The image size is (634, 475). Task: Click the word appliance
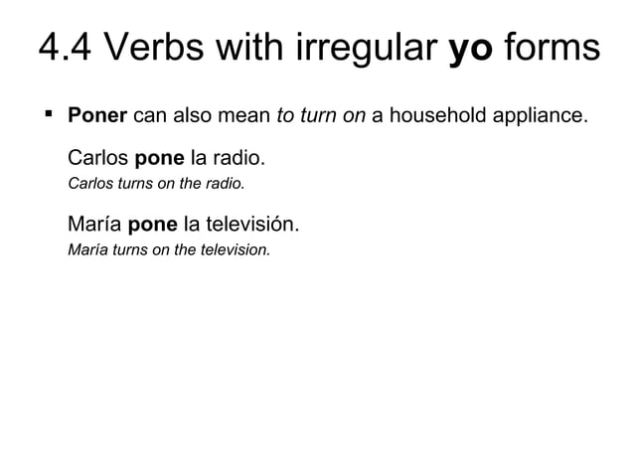pos(540,115)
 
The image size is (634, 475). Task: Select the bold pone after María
pos(147,225)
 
